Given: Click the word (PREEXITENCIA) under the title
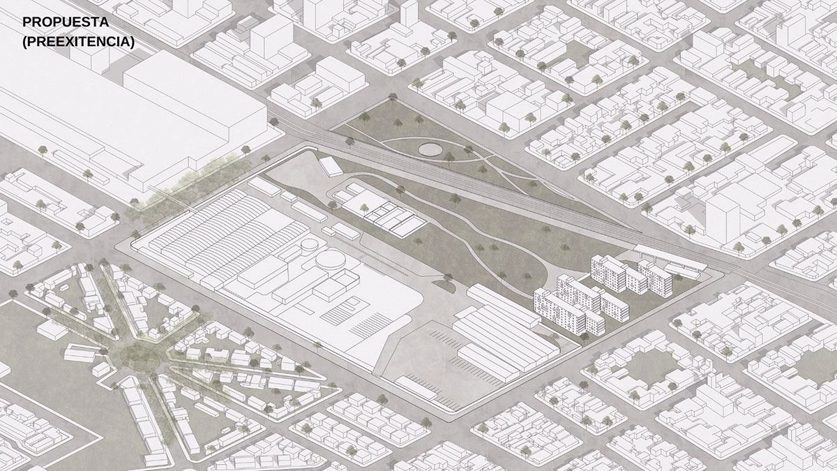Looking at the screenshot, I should pos(78,42).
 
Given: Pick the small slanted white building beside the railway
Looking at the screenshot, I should pos(330,165).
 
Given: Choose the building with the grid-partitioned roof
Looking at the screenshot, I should pos(394,217).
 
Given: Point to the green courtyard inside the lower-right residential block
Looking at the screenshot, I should pos(649,366).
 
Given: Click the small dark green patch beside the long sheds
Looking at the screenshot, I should pos(444,284).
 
